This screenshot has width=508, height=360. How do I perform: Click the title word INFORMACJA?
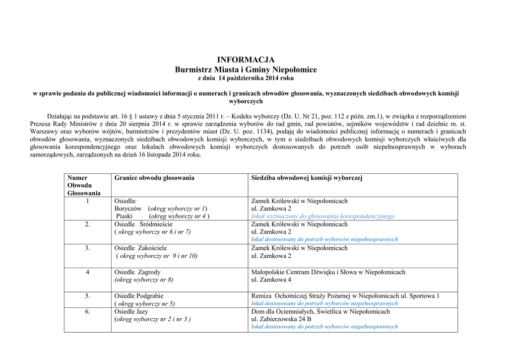[246, 60]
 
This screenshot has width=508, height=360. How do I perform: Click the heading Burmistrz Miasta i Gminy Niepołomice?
[246, 70]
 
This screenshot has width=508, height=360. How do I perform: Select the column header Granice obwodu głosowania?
[154, 178]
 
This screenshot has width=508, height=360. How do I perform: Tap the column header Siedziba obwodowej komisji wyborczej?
[307, 178]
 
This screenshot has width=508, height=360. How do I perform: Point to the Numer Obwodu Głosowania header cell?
[84, 185]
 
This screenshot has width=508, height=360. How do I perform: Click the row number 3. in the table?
[87, 248]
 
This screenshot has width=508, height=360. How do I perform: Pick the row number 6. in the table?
[87, 312]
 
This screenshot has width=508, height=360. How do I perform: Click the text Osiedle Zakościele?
[141, 248]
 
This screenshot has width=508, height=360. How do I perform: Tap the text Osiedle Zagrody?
[137, 272]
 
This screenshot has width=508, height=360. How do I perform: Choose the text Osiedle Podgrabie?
[139, 296]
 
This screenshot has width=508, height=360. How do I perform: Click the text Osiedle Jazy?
[131, 312]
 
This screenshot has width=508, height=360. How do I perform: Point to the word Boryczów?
[128, 209]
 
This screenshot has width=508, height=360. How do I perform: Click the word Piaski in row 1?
[124, 216]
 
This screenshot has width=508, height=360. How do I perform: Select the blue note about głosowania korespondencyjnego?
[323, 216]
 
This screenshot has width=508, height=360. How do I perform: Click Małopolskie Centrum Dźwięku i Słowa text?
[328, 272]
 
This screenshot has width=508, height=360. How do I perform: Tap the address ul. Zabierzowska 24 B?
[281, 319]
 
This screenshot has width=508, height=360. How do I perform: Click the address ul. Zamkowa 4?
[271, 280]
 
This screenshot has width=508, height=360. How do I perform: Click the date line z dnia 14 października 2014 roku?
[246, 78]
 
